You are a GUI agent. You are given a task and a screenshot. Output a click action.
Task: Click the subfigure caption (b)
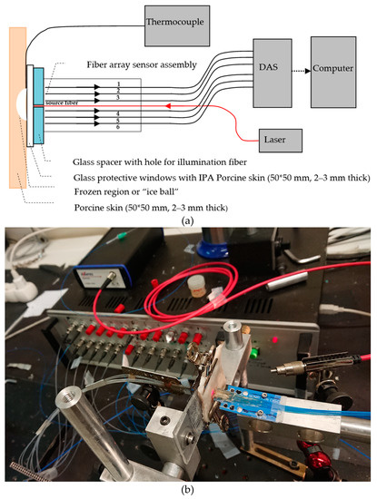tap(188, 489)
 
